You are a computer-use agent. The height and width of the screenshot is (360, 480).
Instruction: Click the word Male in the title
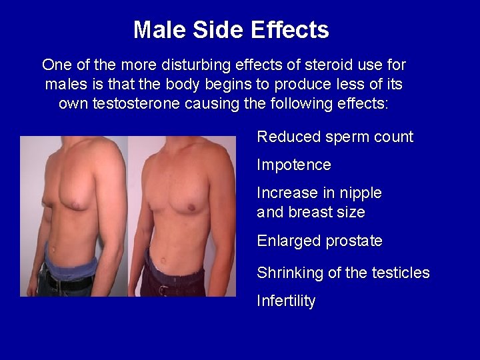[x=155, y=30]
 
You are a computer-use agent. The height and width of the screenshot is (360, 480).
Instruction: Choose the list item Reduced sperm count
[x=335, y=137]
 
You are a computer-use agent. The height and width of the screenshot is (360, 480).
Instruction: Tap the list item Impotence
[x=294, y=165]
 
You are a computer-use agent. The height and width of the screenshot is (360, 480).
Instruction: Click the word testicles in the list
[x=398, y=273]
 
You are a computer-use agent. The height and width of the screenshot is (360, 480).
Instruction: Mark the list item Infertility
[x=286, y=301]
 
